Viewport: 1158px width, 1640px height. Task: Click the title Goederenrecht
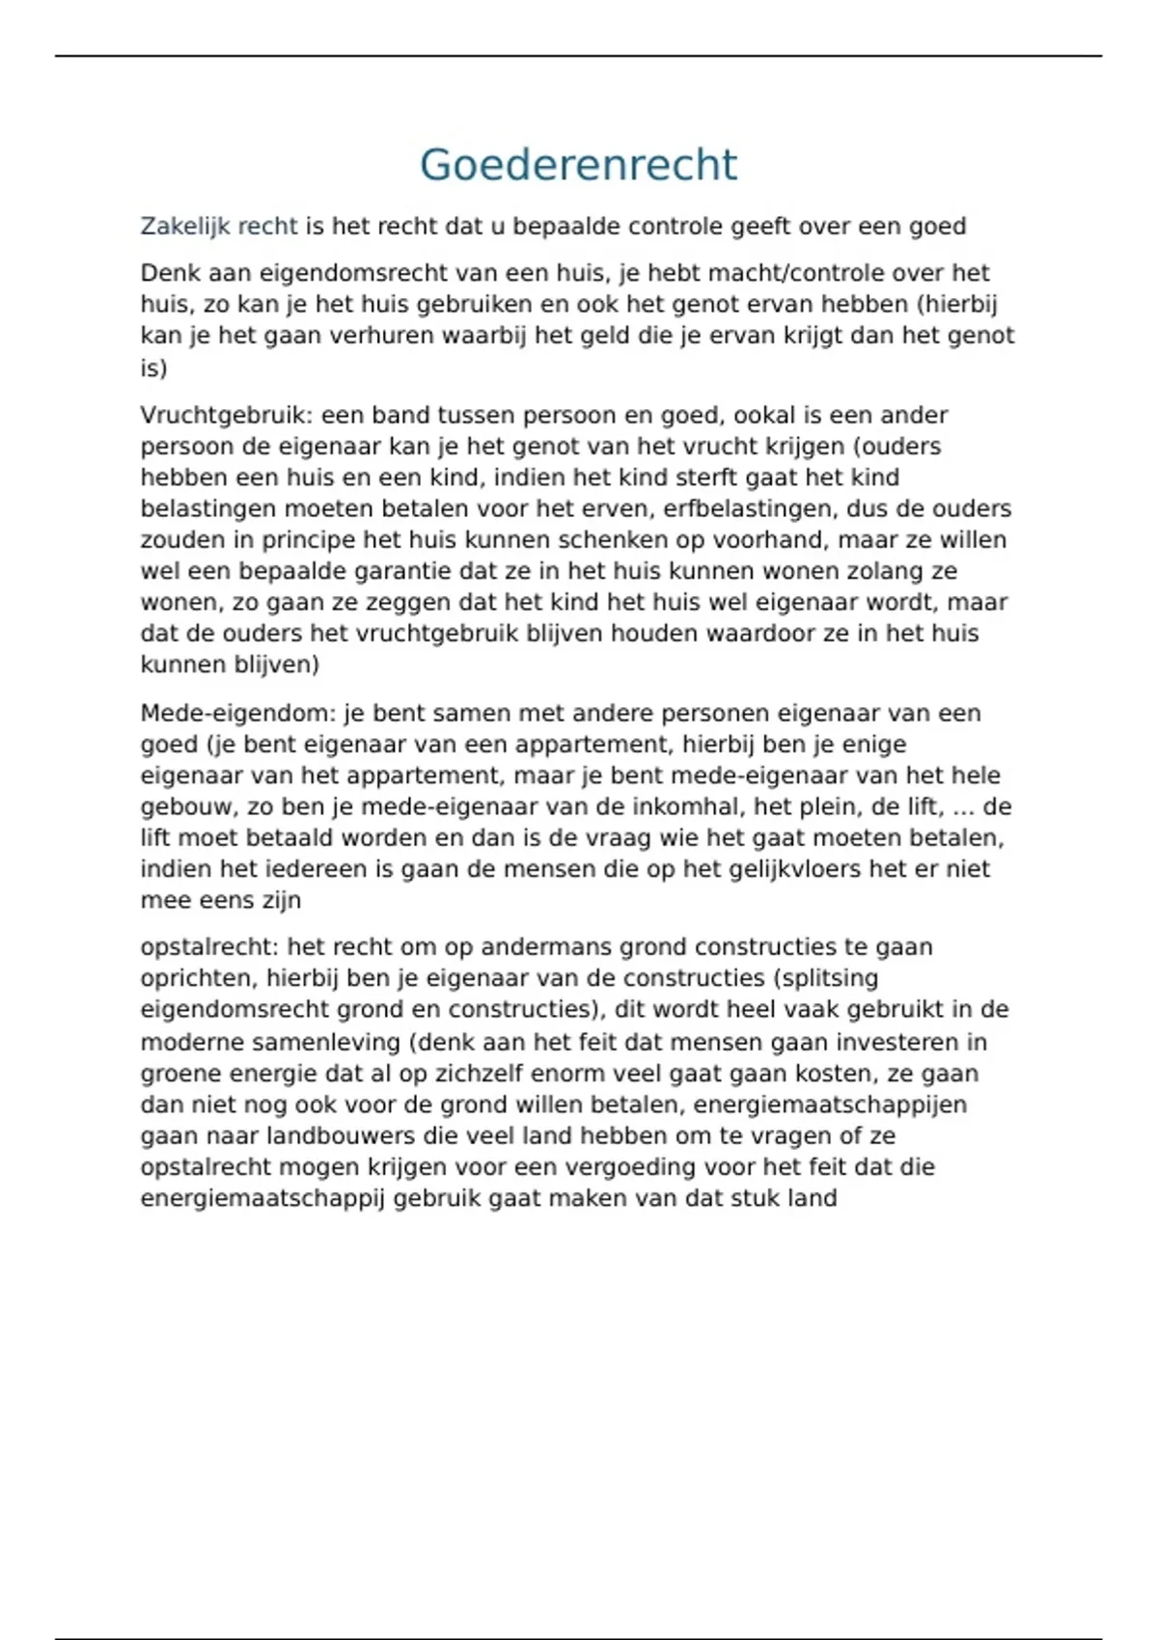coord(578,165)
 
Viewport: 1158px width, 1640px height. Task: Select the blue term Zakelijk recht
coord(219,227)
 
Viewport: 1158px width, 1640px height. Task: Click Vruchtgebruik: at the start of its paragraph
coord(227,416)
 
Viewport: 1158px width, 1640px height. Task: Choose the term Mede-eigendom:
coord(237,714)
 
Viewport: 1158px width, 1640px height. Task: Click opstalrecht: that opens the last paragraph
coord(209,947)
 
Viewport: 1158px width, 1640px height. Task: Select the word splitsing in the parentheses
coord(829,978)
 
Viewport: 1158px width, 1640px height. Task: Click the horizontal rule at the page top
coord(578,56)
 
